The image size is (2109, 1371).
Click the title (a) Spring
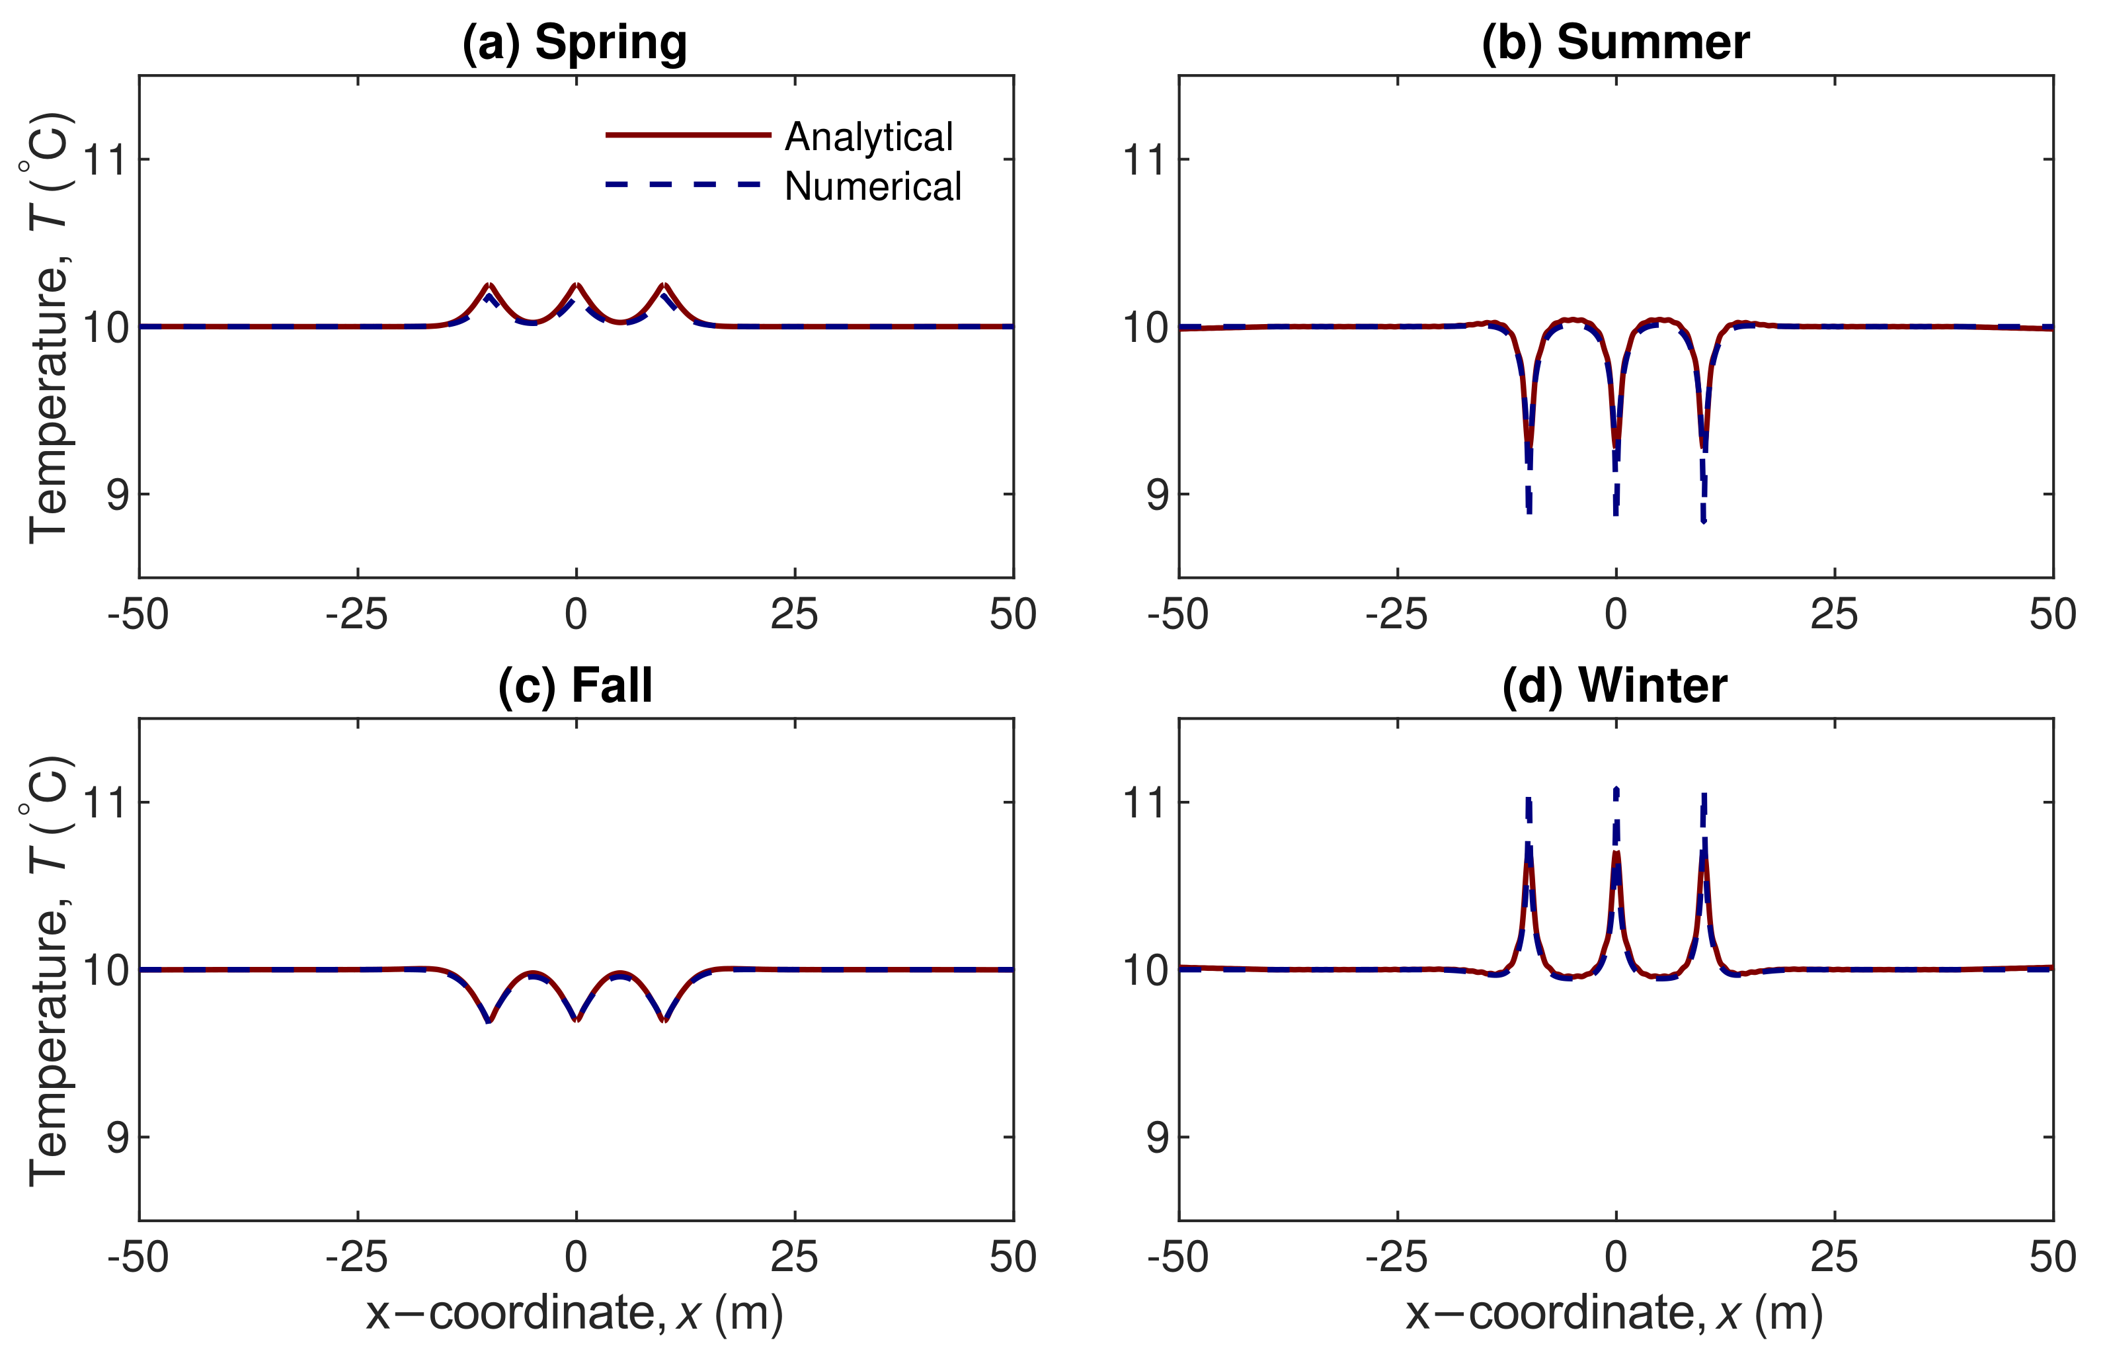click(575, 42)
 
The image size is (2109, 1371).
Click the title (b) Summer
click(1614, 42)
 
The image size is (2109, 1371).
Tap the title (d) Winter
click(1614, 685)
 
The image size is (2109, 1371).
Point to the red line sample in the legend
click(688, 135)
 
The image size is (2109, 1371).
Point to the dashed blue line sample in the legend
click(682, 185)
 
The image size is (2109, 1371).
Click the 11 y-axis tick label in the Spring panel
click(104, 161)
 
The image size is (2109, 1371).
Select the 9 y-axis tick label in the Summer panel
click(1157, 495)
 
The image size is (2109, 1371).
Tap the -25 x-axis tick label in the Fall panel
click(357, 1257)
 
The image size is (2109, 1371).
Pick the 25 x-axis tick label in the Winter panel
click(1833, 1257)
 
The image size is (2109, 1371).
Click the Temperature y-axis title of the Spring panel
click(49, 328)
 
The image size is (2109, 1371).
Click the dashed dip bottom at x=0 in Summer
click(1615, 513)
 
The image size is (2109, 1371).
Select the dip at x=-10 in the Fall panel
click(489, 1020)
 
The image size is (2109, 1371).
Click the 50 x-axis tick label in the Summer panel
click(2052, 614)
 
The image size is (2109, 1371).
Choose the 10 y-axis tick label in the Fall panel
click(104, 970)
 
